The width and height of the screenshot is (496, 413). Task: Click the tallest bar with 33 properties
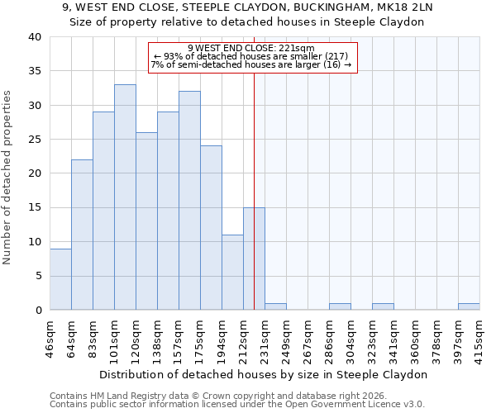tap(125, 197)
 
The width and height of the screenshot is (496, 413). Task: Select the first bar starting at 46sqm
tap(60, 279)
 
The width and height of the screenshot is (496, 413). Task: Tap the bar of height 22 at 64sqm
tap(82, 235)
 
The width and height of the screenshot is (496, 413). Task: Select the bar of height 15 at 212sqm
tap(254, 259)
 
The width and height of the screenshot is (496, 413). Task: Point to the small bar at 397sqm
tap(469, 306)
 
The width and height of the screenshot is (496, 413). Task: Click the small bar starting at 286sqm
tap(340, 306)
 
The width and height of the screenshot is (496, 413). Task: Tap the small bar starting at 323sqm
tap(383, 306)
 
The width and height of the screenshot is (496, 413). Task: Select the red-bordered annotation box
tap(252, 57)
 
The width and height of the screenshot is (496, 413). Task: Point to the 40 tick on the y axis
tap(34, 37)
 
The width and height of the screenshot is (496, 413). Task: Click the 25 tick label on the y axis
tap(34, 140)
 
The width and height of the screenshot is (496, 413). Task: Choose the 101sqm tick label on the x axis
tap(115, 337)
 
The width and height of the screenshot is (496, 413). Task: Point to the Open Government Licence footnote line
tap(237, 405)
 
